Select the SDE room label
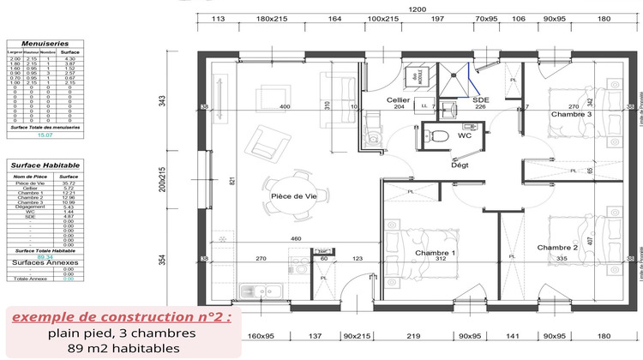pos(481,99)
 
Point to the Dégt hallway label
pos(460,165)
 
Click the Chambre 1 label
pos(435,254)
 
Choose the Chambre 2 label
pos(557,248)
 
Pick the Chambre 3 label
pos(571,114)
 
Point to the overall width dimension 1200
pos(417,8)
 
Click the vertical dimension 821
pos(231,181)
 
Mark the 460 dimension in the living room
pos(295,238)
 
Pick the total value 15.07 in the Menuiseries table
pos(43,135)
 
